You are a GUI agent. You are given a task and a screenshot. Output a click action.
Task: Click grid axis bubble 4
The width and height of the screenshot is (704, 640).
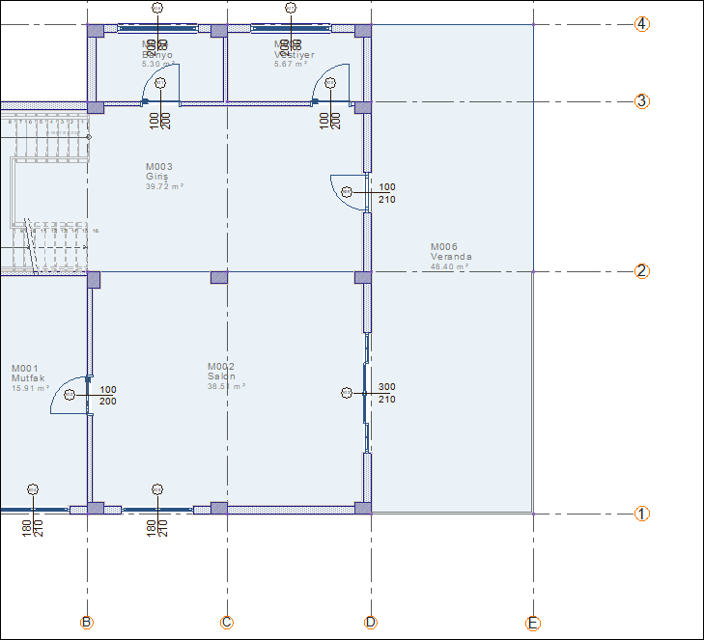click(x=641, y=24)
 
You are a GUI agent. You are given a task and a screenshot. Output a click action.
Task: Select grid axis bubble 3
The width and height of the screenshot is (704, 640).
click(x=641, y=100)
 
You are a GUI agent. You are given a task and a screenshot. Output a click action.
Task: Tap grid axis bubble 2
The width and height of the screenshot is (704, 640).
click(x=641, y=270)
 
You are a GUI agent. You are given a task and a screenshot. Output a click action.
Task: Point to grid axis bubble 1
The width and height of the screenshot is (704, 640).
click(x=641, y=514)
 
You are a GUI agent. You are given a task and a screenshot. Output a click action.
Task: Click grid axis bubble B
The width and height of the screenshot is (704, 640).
click(x=87, y=623)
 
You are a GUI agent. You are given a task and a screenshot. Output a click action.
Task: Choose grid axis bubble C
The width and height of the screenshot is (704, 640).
click(x=227, y=623)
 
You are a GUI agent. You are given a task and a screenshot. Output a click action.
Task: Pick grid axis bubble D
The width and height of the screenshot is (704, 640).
click(x=371, y=623)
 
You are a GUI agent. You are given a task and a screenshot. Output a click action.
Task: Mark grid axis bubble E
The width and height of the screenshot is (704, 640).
click(x=533, y=623)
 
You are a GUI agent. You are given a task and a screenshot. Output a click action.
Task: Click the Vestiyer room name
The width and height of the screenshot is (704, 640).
click(x=294, y=55)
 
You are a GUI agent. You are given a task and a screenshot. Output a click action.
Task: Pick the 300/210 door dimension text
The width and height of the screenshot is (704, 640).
click(x=386, y=393)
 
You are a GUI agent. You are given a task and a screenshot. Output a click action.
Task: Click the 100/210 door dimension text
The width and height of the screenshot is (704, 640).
click(x=386, y=193)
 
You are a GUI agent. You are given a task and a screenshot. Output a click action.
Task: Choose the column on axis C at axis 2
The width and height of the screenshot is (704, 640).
click(x=219, y=277)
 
